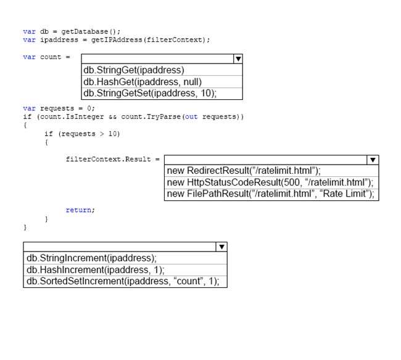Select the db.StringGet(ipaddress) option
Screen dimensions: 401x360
click(x=134, y=70)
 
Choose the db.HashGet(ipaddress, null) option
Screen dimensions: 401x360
click(x=143, y=82)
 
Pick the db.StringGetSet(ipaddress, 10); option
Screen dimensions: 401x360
click(x=150, y=93)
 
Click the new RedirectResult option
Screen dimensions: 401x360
click(x=244, y=171)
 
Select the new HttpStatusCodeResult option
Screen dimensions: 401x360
click(x=270, y=182)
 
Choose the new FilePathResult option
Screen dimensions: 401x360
click(x=270, y=194)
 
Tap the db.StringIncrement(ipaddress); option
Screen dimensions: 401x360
click(x=91, y=258)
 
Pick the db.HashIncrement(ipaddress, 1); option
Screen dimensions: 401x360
click(x=96, y=270)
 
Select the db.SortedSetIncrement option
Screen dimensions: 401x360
click(x=123, y=281)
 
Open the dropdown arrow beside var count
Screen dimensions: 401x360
click(x=238, y=59)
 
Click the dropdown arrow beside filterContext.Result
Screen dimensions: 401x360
click(x=373, y=160)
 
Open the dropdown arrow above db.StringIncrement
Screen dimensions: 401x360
click(x=221, y=247)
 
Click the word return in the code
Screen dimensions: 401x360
click(x=78, y=210)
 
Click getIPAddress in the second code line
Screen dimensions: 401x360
click(x=117, y=40)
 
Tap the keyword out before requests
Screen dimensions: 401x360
click(x=191, y=117)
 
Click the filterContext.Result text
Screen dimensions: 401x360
click(x=108, y=159)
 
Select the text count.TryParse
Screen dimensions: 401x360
click(x=151, y=117)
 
